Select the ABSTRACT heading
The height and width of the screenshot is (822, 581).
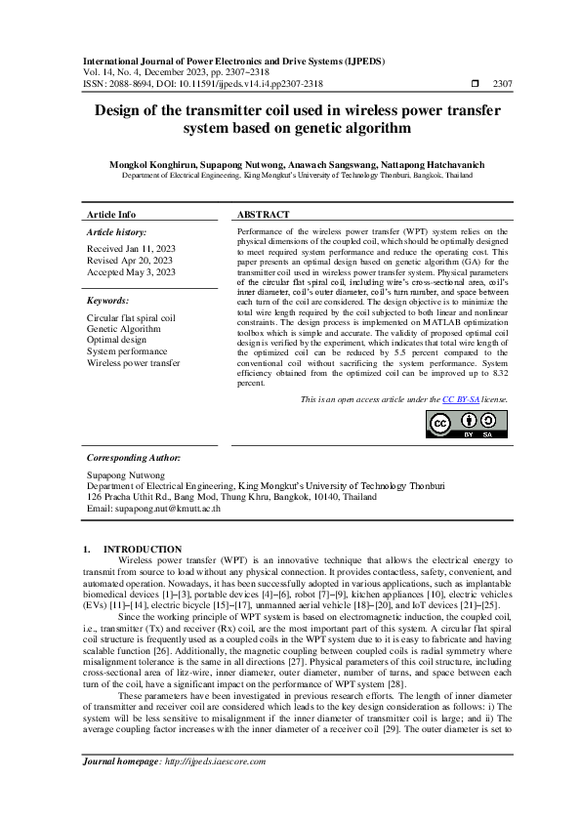click(264, 214)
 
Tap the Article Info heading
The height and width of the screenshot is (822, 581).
click(111, 214)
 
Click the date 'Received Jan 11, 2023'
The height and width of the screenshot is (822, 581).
click(130, 250)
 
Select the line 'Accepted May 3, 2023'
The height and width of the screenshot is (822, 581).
click(130, 272)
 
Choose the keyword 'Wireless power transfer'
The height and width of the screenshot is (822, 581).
click(134, 362)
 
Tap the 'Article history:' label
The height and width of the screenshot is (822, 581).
click(116, 232)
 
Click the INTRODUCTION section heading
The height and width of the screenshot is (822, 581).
click(143, 550)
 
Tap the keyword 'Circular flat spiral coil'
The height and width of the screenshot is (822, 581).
click(131, 318)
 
